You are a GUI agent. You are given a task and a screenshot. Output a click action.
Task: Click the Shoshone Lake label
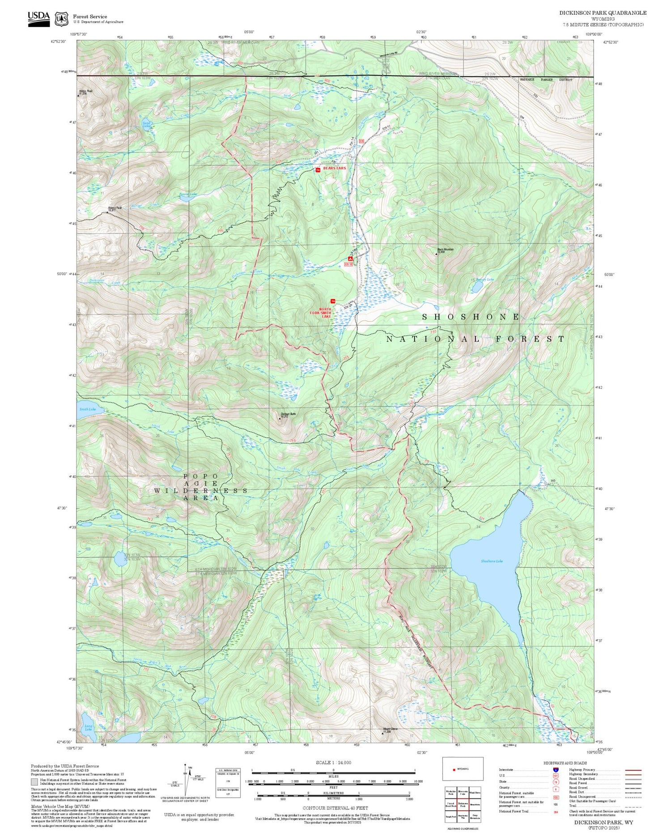492,561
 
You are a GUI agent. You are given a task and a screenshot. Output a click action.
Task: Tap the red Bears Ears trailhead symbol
318,170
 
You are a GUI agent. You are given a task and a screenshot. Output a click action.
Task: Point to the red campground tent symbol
350,259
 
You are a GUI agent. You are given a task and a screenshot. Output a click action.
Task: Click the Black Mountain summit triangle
437,254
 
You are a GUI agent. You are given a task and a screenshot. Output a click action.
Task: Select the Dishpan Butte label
288,414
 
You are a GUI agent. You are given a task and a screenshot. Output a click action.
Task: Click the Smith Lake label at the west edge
88,409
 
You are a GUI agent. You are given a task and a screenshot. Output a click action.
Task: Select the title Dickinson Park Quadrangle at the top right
602,13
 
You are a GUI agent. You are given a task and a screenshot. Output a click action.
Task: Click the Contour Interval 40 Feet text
335,808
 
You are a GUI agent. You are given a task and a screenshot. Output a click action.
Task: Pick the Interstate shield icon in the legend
556,769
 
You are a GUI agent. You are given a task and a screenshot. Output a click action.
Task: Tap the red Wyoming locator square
454,769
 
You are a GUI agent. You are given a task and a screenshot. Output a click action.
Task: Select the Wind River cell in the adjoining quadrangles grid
475,792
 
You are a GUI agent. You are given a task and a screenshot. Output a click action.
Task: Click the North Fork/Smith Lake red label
325,313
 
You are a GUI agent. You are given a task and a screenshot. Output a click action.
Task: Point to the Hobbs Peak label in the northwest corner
85,92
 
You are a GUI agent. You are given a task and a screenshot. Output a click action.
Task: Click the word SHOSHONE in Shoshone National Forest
471,317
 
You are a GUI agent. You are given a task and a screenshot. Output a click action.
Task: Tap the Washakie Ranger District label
545,80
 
